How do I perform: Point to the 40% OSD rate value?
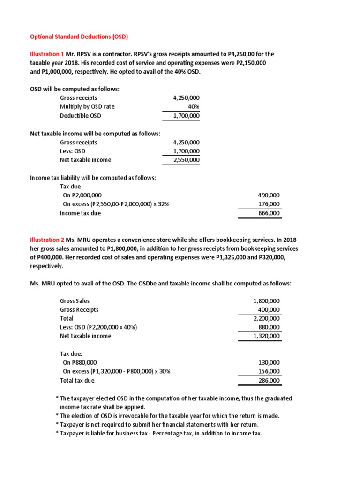(193, 106)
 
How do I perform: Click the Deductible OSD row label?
(80, 115)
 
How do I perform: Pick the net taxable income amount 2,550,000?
(186, 160)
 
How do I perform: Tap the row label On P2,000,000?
(82, 195)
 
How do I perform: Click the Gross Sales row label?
(75, 300)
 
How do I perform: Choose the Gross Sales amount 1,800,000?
(266, 300)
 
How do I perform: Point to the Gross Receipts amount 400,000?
(269, 309)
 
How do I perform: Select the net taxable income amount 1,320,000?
(266, 336)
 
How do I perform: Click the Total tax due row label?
(77, 381)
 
